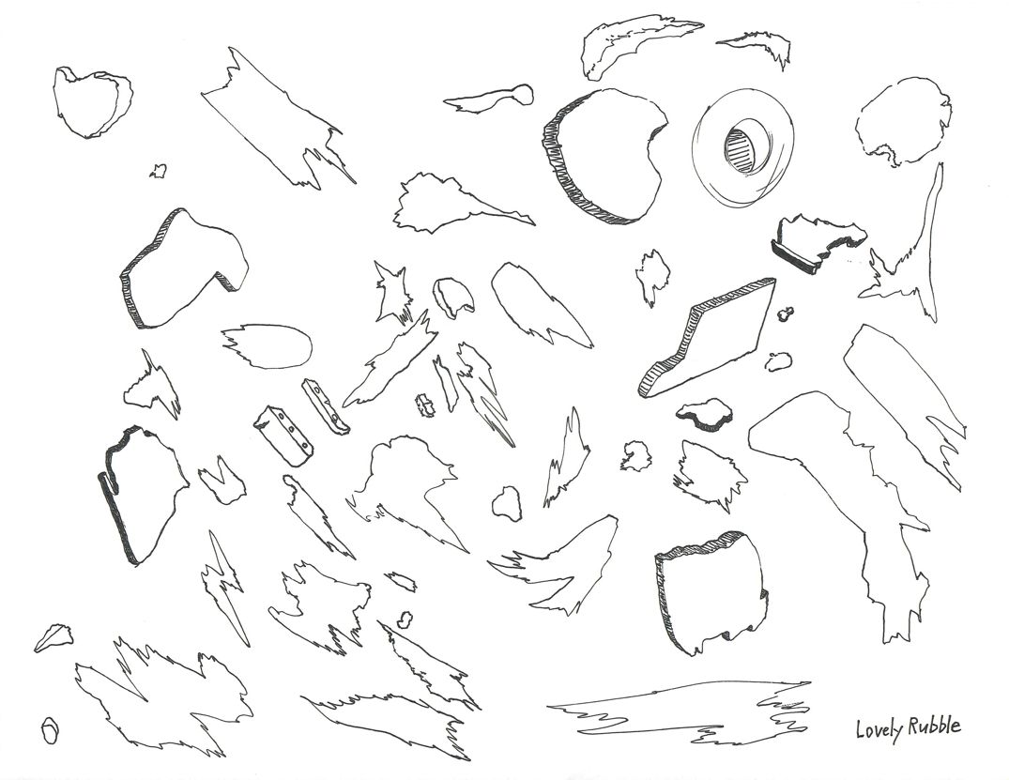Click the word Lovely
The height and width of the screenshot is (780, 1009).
tap(878, 728)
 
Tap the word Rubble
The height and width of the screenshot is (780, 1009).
tap(933, 726)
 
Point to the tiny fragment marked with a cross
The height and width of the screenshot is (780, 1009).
tap(425, 405)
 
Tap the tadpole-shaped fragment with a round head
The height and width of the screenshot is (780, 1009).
tap(493, 98)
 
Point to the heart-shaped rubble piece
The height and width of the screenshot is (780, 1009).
tap(91, 99)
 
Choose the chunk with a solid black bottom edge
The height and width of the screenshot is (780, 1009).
tap(815, 241)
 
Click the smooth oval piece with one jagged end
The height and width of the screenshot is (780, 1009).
tap(274, 345)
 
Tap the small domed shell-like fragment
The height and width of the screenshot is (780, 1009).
tap(454, 298)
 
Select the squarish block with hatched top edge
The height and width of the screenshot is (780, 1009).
tap(710, 592)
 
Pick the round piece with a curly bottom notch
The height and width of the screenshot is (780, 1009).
tap(892, 121)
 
